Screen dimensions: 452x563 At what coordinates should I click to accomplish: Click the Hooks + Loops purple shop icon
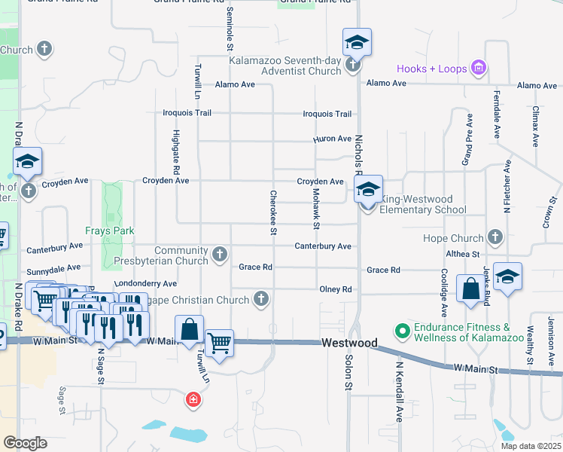[x=477, y=69]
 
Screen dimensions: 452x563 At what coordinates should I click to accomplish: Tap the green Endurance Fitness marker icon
[x=402, y=330]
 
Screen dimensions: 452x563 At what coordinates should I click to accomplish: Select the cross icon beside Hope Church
[x=495, y=237]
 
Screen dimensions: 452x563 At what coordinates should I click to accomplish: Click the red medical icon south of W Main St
[x=193, y=399]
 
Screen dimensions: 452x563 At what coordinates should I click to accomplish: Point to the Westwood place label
[x=349, y=343]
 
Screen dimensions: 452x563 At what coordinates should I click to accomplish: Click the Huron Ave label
[x=332, y=139]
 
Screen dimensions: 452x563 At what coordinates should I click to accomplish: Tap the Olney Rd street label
[x=336, y=289]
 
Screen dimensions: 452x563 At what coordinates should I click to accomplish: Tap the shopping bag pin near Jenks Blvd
[x=470, y=290]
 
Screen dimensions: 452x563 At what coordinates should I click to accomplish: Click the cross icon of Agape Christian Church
[x=260, y=300]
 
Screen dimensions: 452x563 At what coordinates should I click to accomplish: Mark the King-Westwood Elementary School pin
[x=367, y=191]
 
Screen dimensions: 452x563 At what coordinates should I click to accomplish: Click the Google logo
[x=25, y=443]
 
